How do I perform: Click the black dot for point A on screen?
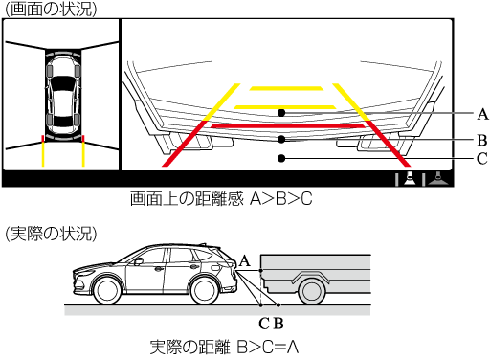281,113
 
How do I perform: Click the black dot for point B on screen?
281,139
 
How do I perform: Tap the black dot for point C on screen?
281,158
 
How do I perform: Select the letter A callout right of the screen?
482,114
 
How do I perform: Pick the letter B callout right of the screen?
482,140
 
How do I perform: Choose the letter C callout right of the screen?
482,158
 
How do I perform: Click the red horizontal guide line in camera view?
287,126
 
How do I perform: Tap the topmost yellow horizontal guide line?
286,88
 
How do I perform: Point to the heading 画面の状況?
51,9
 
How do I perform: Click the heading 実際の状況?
51,234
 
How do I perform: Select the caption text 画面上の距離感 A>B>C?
221,198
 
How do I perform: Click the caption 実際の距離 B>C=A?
224,347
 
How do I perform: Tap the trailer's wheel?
311,293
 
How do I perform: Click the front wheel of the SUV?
107,291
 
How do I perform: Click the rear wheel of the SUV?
204,291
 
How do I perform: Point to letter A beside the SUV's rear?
244,261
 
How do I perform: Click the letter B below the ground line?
278,324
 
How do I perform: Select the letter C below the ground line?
264,324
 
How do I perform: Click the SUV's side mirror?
138,261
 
